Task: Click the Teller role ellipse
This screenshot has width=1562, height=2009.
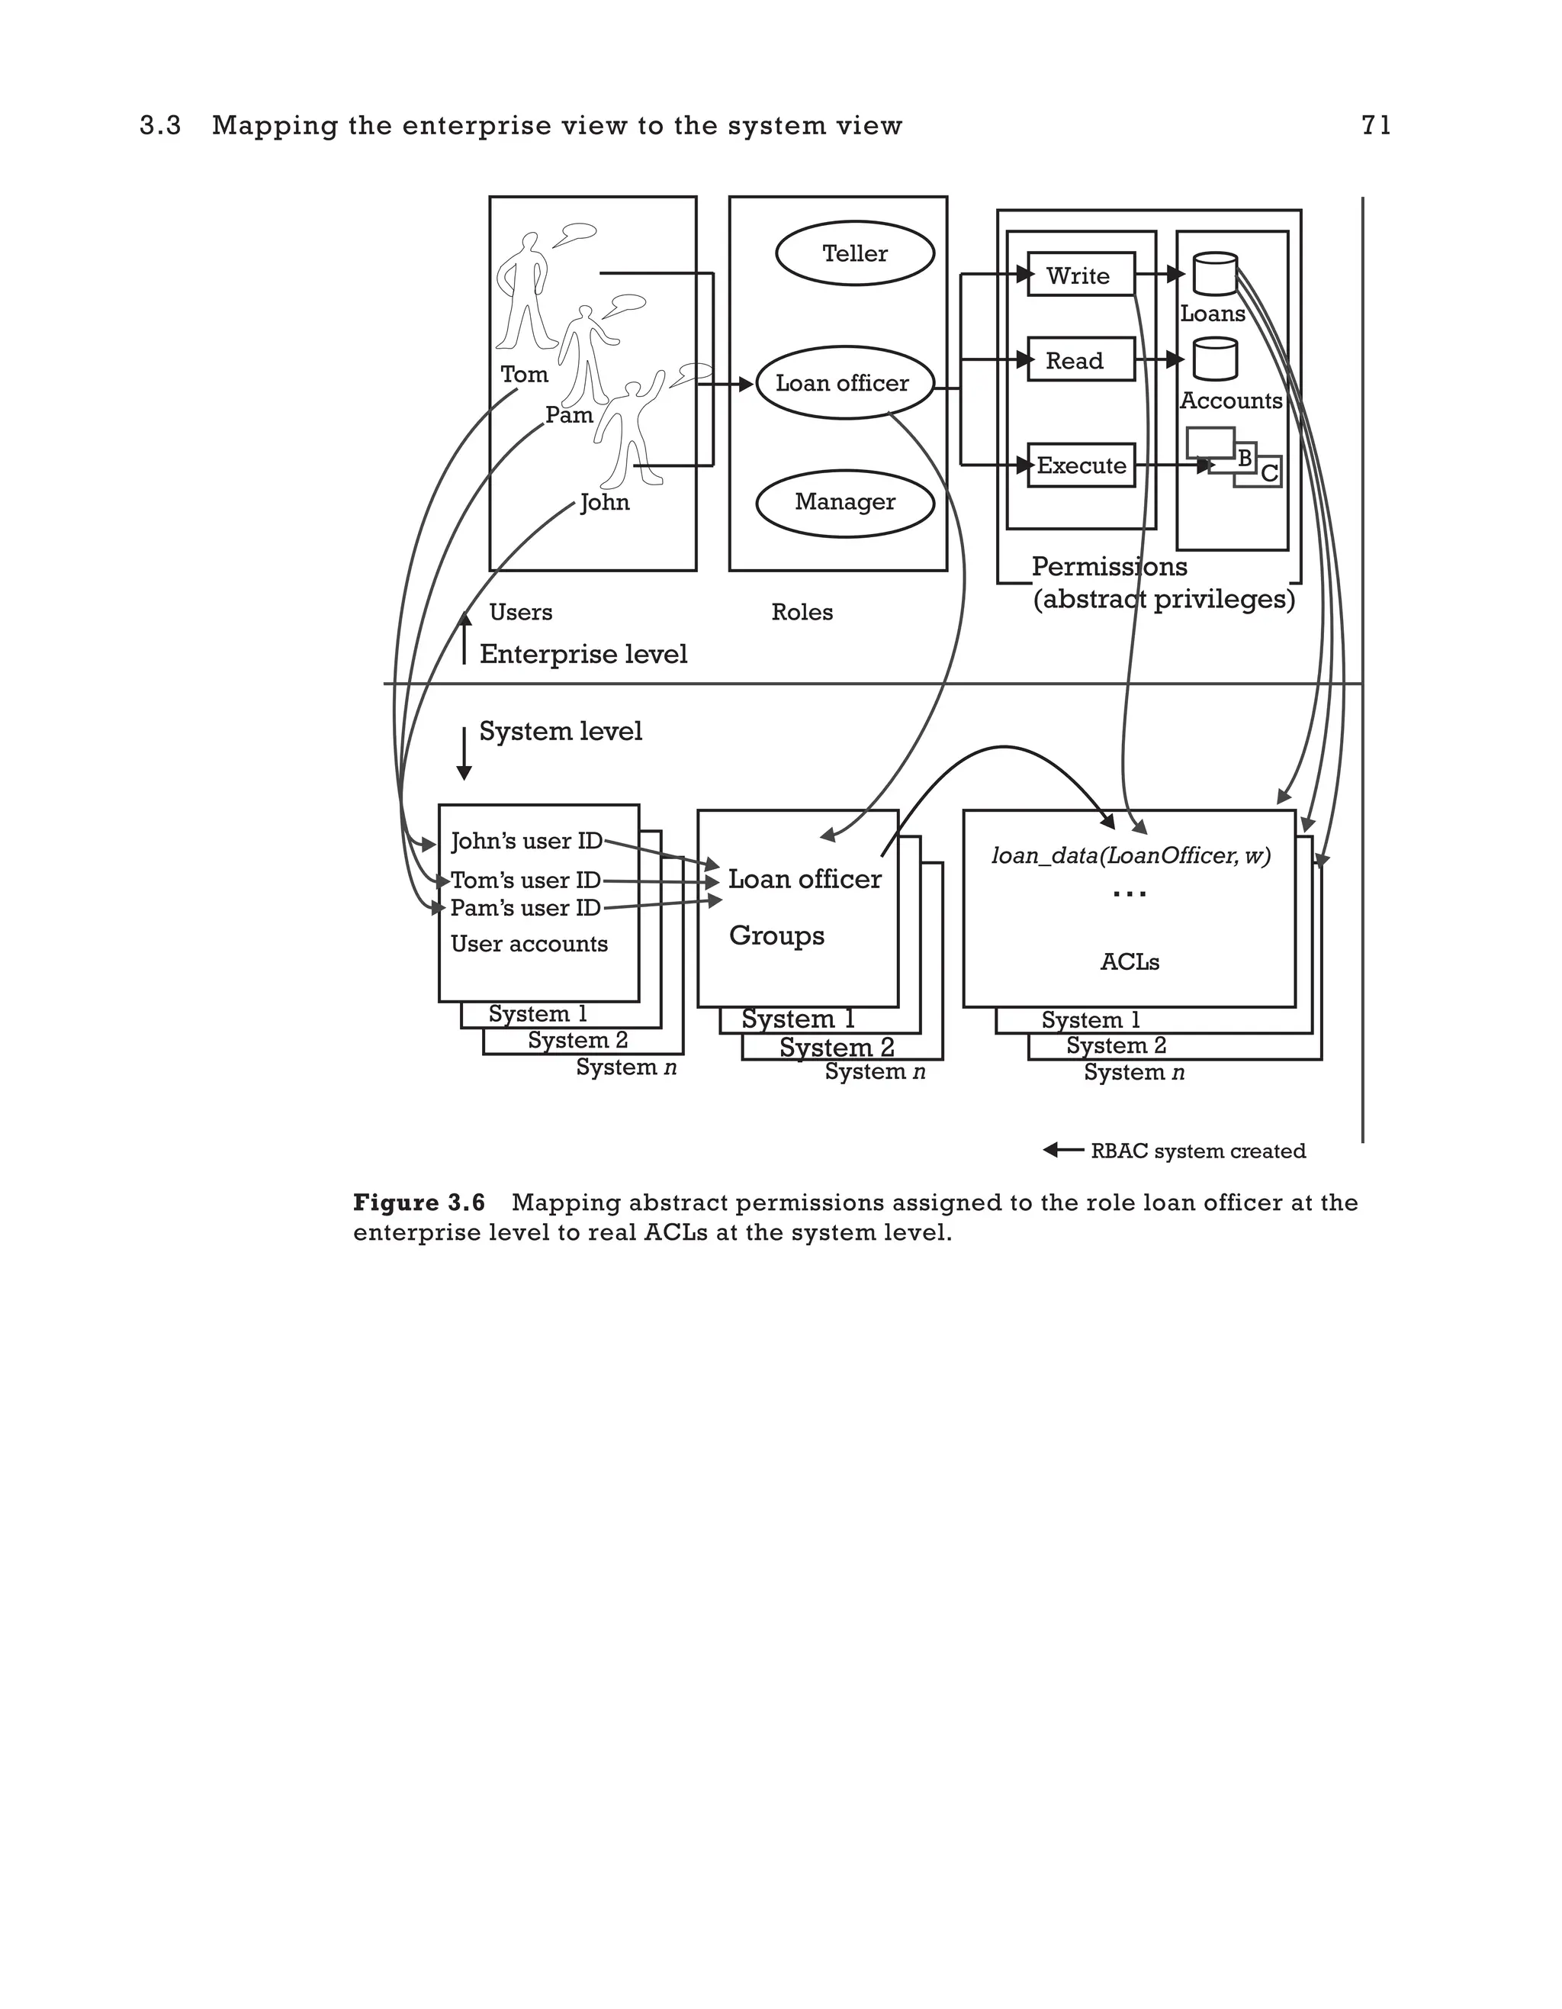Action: coord(855,253)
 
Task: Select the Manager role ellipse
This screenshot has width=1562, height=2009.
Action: coord(845,502)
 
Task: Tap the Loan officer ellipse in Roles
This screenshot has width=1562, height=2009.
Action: coord(844,383)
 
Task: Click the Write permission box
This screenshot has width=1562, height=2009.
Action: coord(1080,275)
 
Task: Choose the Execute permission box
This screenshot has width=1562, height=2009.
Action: coord(1080,465)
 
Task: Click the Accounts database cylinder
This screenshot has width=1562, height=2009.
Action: coord(1214,359)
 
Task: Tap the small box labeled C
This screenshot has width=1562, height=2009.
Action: coord(1268,473)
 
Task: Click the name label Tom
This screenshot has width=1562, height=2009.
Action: coord(524,375)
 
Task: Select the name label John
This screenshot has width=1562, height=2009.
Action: coord(605,502)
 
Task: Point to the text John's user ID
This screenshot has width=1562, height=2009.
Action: coord(525,841)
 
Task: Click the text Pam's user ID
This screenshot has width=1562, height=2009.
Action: coord(525,908)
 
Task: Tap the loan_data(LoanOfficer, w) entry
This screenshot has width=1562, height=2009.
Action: coord(1130,855)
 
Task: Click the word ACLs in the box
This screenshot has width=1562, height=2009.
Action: coord(1129,962)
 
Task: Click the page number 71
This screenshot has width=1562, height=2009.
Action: coord(1375,125)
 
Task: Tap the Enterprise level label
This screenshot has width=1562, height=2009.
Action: coord(583,654)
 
